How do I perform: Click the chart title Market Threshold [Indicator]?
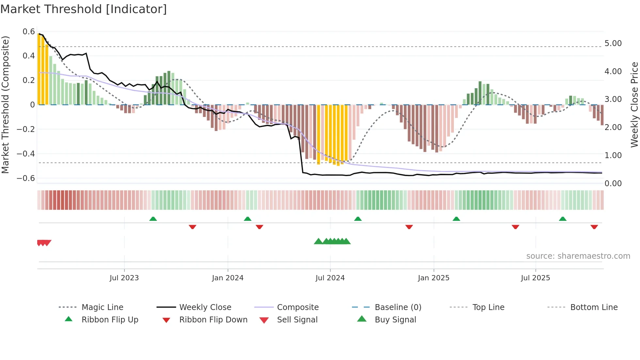point(84,9)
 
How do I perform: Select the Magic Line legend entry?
point(102,307)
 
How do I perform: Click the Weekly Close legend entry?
point(205,307)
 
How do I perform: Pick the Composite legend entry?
point(297,307)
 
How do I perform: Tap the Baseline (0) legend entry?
point(398,307)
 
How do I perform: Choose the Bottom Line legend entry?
point(594,307)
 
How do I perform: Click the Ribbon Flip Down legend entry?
point(213,320)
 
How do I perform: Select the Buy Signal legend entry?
point(395,320)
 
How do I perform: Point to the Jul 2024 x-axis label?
point(330,278)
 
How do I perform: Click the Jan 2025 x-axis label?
point(433,278)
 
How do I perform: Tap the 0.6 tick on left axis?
point(29,32)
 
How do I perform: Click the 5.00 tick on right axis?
point(613,43)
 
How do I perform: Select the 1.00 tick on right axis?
point(613,155)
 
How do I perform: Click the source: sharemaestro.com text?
point(578,256)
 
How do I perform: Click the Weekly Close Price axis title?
point(634,105)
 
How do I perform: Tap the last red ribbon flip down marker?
point(594,227)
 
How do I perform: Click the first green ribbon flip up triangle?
point(153,219)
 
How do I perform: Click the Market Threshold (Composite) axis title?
point(5,105)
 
